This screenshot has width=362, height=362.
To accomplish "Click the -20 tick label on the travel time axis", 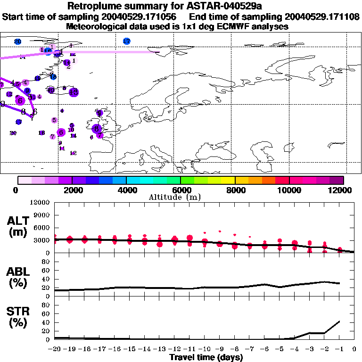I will [x=55, y=349].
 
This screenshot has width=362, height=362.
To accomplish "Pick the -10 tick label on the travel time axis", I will [x=205, y=349].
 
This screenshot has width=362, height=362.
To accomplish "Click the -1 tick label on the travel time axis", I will [x=339, y=349].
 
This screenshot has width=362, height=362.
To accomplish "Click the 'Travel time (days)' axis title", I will [x=206, y=357].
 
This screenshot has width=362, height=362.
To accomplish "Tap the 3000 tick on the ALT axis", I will [x=42, y=240].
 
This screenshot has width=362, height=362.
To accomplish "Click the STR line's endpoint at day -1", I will [x=339, y=321].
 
